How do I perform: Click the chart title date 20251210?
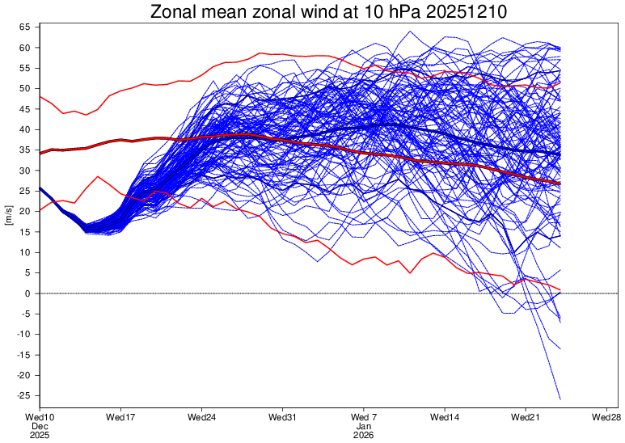tap(467, 12)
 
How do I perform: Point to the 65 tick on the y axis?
tap(25, 27)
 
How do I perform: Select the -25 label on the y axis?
tap(23, 395)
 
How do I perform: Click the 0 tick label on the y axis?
tap(28, 293)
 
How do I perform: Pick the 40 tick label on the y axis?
tap(25, 129)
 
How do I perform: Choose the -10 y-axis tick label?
tap(23, 334)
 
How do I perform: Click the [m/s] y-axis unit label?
tap(9, 215)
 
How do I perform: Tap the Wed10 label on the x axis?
tap(40, 417)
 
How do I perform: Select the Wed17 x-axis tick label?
tap(120, 417)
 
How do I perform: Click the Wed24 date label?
tap(201, 417)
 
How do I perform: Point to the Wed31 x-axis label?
tap(283, 417)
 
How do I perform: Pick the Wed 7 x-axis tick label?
tap(364, 417)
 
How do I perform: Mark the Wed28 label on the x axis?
tap(606, 417)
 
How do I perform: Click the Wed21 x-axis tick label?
tap(526, 417)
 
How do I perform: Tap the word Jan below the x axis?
tap(364, 426)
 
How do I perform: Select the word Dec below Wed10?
tap(40, 426)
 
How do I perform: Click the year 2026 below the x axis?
tap(364, 435)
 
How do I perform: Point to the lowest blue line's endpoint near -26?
tap(560, 399)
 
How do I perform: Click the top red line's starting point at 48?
tap(40, 97)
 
